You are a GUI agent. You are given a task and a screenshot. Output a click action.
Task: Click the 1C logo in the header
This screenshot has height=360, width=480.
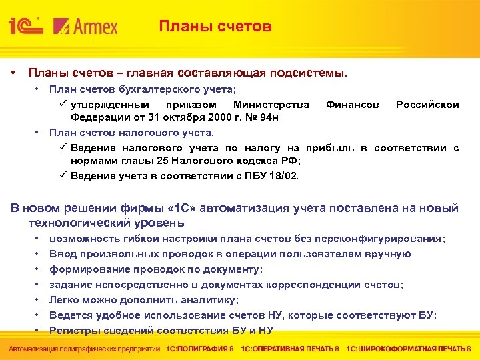pos(26,26)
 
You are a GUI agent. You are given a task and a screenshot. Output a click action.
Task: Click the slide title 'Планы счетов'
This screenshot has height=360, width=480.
pos(215,27)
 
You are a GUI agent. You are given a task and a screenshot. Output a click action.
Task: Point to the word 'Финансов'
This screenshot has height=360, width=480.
pos(353,105)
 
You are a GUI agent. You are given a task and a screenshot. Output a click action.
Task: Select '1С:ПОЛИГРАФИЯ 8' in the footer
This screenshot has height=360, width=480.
pos(199,349)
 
